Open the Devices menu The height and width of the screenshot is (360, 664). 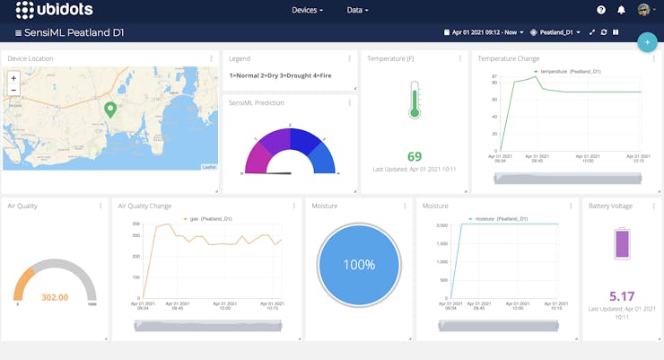point(307,10)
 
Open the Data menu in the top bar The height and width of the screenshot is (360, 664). point(357,10)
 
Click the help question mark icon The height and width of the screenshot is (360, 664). point(601,10)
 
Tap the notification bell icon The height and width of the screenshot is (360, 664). point(622,10)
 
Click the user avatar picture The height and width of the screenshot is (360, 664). point(644,10)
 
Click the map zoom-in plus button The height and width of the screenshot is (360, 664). point(13,78)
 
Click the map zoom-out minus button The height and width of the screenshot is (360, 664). point(13,91)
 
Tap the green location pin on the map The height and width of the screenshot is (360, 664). point(110,110)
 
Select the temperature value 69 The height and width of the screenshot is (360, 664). point(415,156)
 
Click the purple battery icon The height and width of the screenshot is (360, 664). point(622,244)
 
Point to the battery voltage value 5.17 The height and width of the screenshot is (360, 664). point(622,295)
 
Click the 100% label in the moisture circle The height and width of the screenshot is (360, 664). point(358,265)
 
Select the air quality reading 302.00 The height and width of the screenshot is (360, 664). point(55,297)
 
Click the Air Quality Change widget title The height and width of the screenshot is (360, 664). point(144,206)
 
